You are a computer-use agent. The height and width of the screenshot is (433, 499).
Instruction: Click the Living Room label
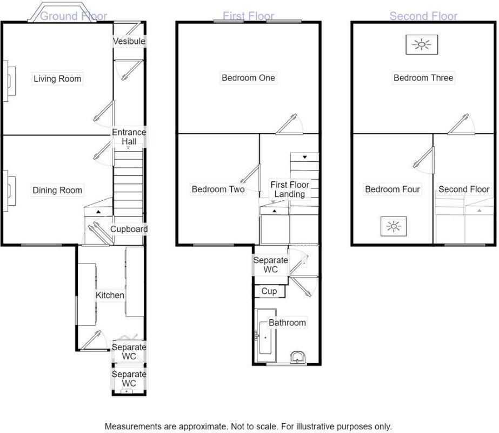pos(57,78)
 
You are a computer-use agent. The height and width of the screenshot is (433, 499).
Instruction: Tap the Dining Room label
pos(57,190)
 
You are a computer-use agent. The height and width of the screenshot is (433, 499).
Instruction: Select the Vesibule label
pos(129,41)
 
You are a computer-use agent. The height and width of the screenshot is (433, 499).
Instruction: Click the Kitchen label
pos(110,295)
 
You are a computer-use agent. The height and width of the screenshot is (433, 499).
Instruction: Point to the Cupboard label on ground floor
pos(129,229)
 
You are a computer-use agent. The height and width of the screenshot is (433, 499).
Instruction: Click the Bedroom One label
pos(248,78)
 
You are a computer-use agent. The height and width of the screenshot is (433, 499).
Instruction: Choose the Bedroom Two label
pos(218,189)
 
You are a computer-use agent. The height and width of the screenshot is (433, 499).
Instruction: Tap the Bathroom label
pos(287,323)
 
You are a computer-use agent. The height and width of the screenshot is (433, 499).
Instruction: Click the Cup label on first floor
pos(269,291)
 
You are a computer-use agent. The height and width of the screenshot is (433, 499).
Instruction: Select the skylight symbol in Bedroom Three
pos(422,44)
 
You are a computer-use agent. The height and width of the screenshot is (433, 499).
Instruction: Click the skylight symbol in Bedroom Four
pos(394,227)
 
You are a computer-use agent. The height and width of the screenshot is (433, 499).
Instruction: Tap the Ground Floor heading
pos(74,16)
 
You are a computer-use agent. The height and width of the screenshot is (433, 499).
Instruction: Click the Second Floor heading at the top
pos(423,16)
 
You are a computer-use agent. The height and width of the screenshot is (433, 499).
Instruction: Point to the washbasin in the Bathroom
pos(298,357)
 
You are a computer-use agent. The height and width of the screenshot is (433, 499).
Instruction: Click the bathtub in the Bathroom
pos(266,336)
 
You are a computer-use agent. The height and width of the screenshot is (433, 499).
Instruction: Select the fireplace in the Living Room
pos(9,81)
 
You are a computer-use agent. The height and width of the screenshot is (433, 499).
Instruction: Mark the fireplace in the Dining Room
pos(9,191)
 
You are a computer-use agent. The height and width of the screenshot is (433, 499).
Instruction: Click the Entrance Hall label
pos(129,137)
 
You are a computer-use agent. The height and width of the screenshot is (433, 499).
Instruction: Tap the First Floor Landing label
pos(290,189)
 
